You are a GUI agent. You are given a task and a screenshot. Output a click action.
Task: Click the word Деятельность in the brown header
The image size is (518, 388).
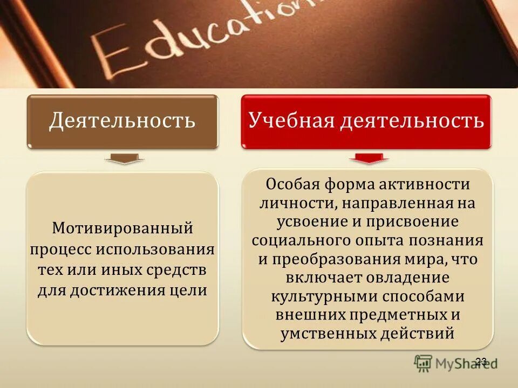(122, 121)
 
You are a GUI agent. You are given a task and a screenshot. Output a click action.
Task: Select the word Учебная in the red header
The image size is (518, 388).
(290, 121)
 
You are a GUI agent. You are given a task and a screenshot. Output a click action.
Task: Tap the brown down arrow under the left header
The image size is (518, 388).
(124, 159)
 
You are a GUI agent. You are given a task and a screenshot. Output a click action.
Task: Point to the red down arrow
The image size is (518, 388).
(369, 158)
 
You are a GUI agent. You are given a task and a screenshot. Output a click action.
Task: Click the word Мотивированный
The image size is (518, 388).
(122, 228)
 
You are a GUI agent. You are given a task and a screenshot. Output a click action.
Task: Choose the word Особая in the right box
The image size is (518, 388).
(292, 184)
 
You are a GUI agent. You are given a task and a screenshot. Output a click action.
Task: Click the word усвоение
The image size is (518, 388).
(309, 221)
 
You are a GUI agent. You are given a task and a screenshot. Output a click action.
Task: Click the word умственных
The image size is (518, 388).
(326, 334)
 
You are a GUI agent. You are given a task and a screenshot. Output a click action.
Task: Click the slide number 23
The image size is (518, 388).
(481, 361)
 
